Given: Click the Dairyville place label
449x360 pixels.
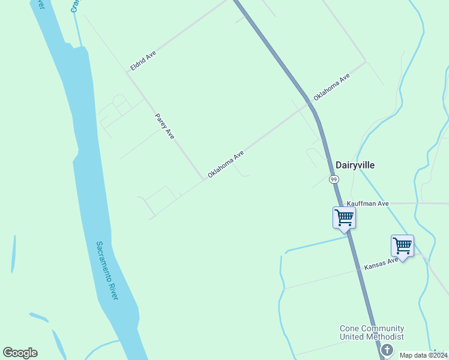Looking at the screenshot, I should point(355,165).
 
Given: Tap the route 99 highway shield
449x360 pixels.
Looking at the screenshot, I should point(334,179).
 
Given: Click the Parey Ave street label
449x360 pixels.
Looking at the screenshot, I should point(164,127).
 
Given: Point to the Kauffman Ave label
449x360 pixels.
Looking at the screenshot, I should point(368,204).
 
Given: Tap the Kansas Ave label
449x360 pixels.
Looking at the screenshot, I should point(381,265).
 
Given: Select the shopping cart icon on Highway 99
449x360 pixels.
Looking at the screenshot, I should point(344,217).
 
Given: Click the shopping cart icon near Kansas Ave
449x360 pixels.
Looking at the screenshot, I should point(402,245).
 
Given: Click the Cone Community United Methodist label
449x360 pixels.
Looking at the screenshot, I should point(372,333).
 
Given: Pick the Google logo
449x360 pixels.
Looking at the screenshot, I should point(20,353).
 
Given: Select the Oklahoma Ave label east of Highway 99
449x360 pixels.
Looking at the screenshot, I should point(331,88).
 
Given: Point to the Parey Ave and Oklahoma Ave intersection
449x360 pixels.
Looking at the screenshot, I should point(203,178).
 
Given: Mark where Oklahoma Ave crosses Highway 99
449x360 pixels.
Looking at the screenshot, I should point(310,103).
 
